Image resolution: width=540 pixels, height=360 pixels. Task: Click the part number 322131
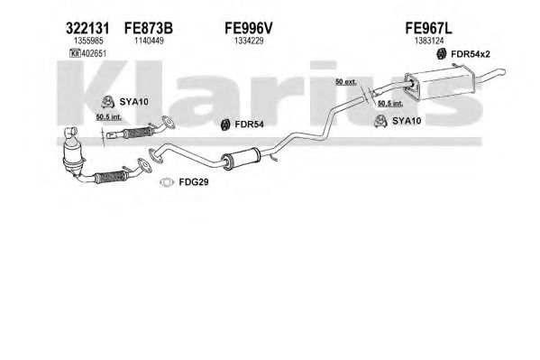(x=87, y=28)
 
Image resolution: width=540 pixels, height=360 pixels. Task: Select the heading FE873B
(x=149, y=28)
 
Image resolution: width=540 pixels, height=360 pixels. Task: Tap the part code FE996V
(x=249, y=28)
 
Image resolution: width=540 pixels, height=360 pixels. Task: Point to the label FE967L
(x=429, y=28)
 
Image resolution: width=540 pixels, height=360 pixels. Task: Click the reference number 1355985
(x=88, y=41)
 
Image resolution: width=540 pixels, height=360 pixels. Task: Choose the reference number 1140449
(x=149, y=41)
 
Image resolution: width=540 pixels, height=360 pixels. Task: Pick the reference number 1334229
(x=249, y=41)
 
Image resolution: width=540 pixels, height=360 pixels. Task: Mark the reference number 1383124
(x=429, y=41)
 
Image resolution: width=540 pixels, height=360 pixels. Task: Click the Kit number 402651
(x=94, y=53)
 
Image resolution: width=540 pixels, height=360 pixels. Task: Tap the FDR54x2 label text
(x=470, y=54)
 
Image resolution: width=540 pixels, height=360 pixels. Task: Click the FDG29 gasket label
(x=194, y=182)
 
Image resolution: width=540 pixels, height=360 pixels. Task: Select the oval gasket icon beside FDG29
(x=167, y=182)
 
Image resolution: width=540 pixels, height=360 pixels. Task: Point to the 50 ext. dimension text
(x=346, y=82)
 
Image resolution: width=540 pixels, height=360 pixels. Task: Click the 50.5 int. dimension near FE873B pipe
(x=108, y=117)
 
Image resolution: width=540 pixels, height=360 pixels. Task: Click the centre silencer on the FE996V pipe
(x=242, y=159)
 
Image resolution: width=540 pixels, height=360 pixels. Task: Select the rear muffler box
(x=439, y=84)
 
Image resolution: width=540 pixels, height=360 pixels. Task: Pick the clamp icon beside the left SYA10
(x=108, y=102)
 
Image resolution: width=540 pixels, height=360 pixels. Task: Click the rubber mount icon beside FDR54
(x=225, y=125)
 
